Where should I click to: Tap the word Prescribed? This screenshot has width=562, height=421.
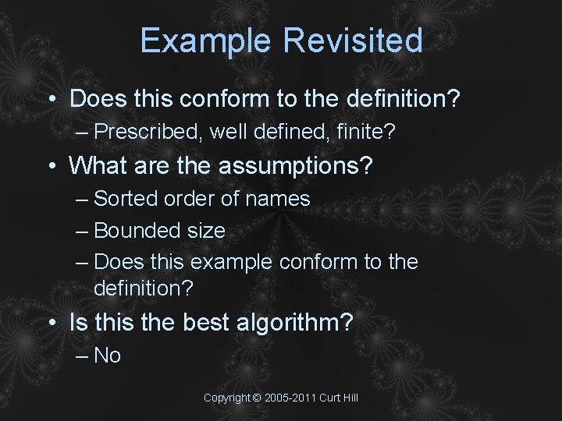[149, 133]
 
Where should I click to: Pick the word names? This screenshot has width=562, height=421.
[278, 199]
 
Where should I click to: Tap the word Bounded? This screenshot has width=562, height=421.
[136, 231]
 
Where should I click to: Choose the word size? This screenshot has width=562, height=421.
[205, 231]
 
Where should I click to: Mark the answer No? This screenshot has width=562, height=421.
[107, 356]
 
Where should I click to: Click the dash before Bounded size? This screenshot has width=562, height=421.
[83, 231]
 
